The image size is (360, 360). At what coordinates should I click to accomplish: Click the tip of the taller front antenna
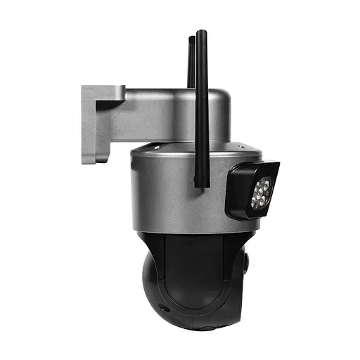(x=201, y=33)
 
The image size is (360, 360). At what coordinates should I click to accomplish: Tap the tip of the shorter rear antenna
(x=191, y=39)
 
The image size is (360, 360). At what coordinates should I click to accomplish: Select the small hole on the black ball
(x=163, y=309)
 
